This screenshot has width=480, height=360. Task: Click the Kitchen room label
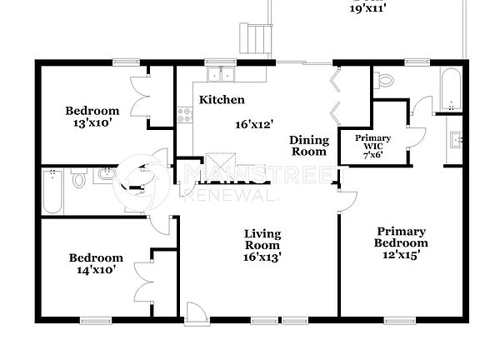pos(222,100)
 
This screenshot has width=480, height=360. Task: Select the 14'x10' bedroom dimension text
pos(95,269)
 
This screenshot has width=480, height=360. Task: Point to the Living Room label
pos(262,239)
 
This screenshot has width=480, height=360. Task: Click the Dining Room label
pos(308,146)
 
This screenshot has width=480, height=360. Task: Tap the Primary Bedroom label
pos(401,237)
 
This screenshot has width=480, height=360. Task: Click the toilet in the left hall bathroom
pos(79,178)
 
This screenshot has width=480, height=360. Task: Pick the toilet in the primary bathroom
pos(383,80)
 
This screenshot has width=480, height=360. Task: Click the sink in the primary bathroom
pos(455,139)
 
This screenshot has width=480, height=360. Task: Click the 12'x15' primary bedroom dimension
pos(401,255)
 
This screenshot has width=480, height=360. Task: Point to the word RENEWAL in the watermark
pos(230,194)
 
